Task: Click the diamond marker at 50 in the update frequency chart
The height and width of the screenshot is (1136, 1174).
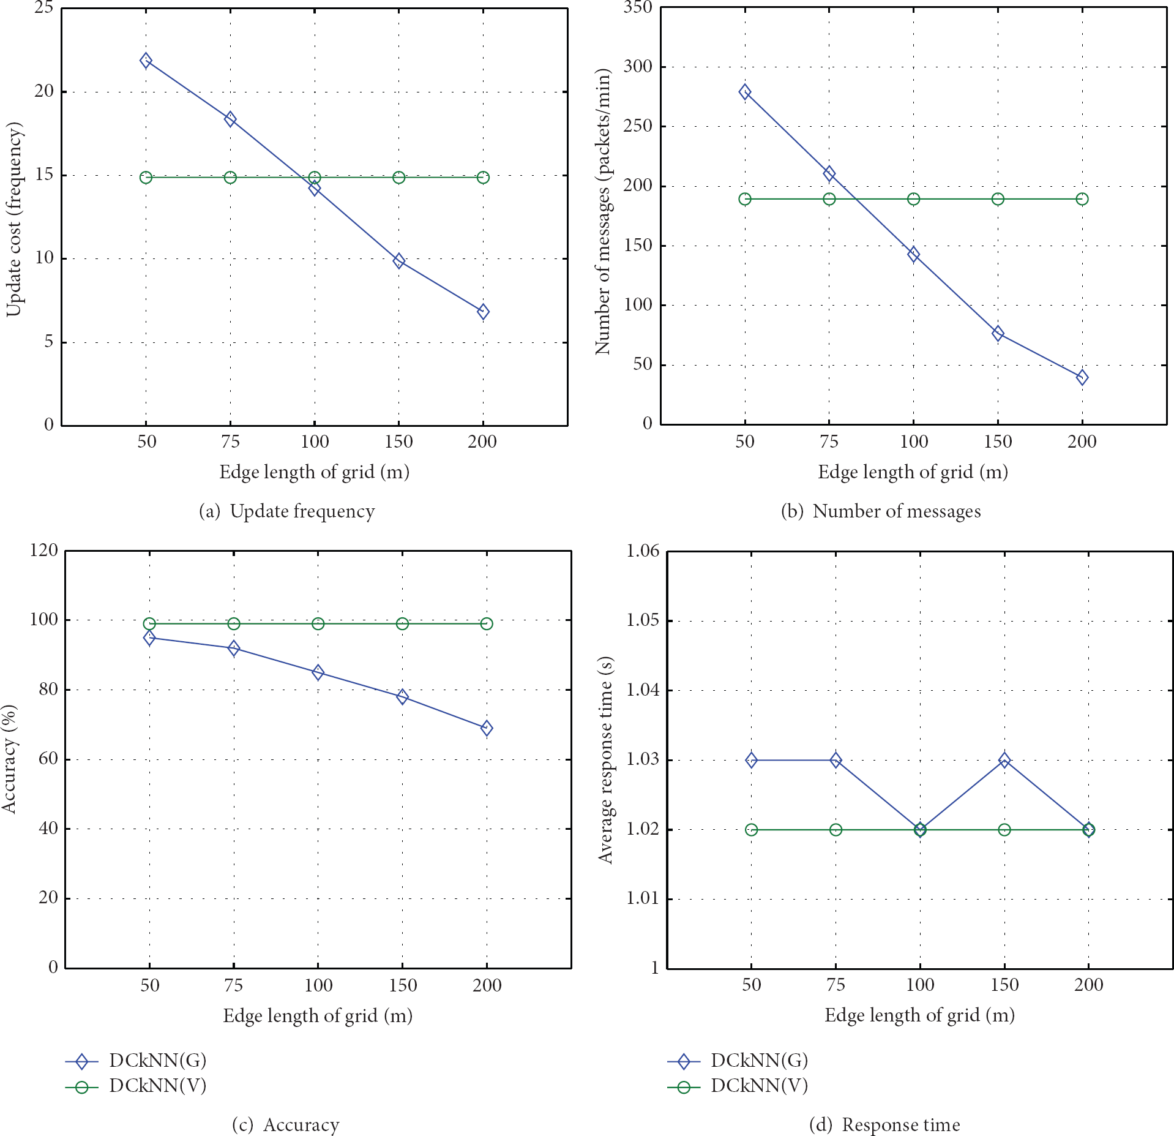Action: point(146,60)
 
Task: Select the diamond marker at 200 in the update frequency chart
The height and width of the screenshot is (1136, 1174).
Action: point(483,312)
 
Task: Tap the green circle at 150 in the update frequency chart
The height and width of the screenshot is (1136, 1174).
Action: point(398,178)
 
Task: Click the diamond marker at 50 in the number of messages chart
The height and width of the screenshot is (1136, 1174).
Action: point(744,92)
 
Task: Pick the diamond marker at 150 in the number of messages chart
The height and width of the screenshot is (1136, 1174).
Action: point(998,333)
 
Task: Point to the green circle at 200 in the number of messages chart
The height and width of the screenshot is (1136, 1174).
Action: point(1082,199)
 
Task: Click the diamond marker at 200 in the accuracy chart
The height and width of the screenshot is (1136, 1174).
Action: point(487,728)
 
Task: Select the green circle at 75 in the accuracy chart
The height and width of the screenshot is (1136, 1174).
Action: point(233,623)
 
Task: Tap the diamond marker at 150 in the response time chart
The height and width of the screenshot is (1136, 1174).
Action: point(1004,760)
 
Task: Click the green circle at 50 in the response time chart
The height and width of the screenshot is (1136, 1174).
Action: point(751,830)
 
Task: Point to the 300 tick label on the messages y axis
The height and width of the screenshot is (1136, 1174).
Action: point(638,66)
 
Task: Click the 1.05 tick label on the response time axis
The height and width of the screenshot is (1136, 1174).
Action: point(643,620)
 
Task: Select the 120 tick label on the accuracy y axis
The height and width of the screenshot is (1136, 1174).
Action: point(43,550)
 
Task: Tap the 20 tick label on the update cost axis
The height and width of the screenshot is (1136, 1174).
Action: point(44,91)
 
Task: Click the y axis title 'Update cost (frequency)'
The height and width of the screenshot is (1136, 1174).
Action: point(13,219)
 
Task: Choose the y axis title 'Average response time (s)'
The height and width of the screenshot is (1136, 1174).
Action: point(605,760)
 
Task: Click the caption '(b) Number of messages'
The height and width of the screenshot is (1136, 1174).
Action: point(881,511)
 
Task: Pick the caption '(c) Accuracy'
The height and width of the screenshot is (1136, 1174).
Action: point(285,1124)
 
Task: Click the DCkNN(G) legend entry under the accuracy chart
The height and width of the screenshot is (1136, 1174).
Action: point(136,1060)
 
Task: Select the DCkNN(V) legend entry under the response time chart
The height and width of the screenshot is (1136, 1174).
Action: point(738,1086)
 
